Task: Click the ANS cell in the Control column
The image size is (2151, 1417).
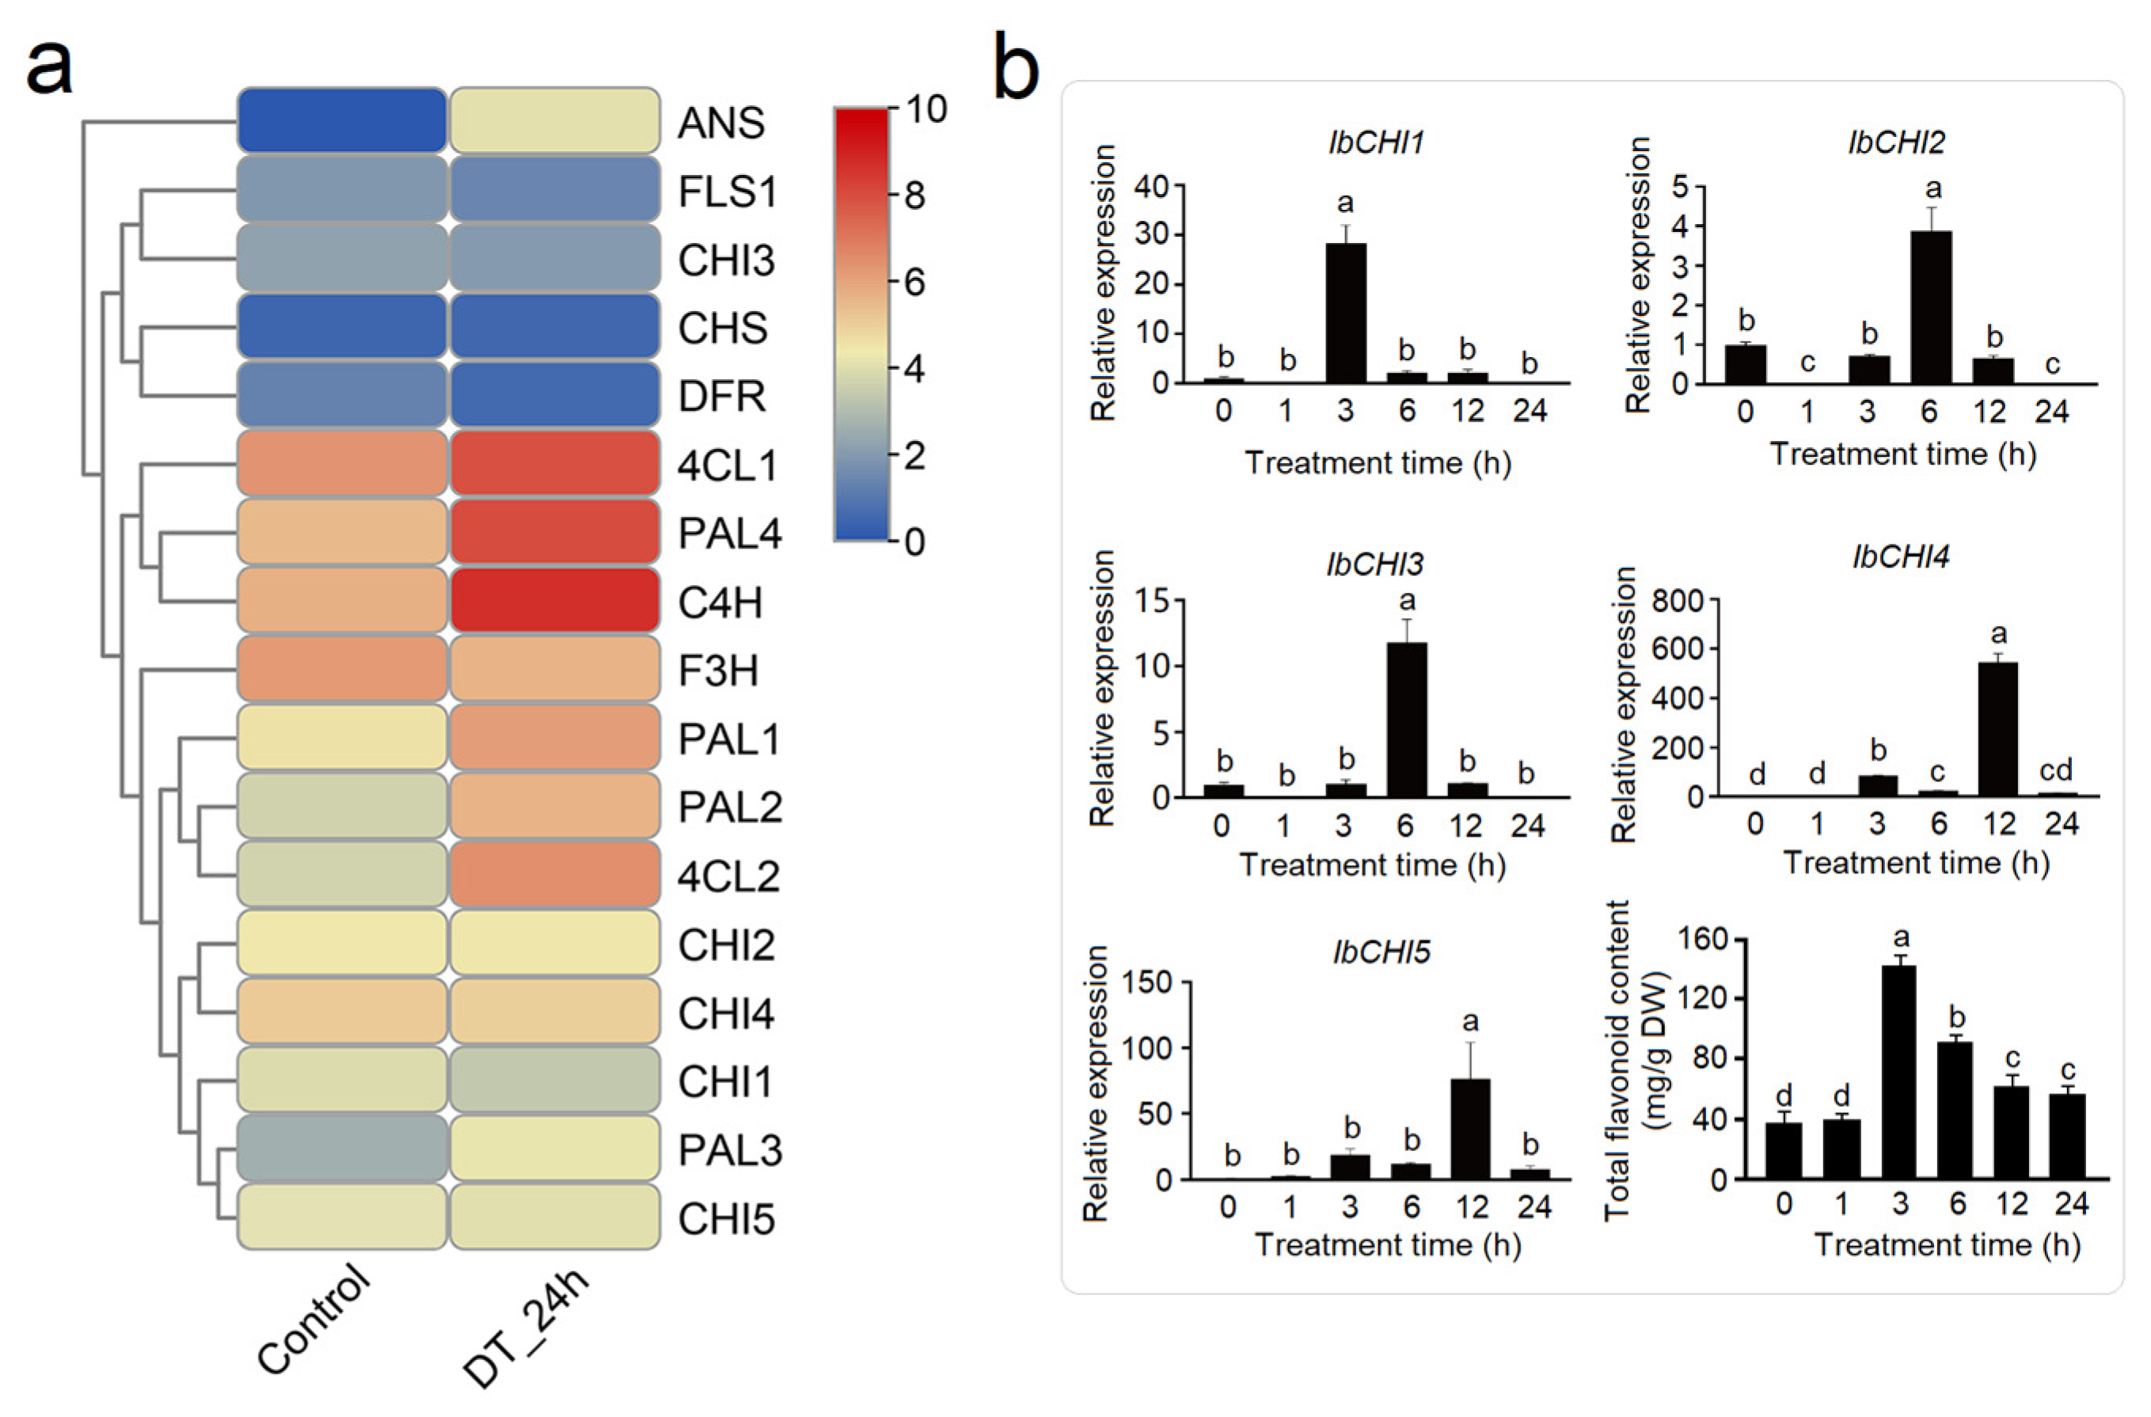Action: coord(342,120)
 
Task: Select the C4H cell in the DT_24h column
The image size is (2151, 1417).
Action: coord(555,600)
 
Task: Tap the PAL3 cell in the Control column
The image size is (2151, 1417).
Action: coord(342,1148)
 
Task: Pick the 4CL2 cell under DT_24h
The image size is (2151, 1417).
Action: coord(555,874)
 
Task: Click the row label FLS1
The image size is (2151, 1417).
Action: coord(727,192)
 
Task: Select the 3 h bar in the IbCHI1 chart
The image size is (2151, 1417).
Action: coord(1346,313)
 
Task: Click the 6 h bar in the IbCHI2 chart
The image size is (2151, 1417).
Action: coord(1932,307)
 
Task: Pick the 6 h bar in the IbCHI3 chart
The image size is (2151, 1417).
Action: coord(1406,720)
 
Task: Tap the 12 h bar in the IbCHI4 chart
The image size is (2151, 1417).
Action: coord(1998,728)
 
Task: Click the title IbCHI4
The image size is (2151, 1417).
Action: coord(1900,557)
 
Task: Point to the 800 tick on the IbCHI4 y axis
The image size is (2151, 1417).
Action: coord(1678,600)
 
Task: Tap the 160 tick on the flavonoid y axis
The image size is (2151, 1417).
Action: coord(1702,940)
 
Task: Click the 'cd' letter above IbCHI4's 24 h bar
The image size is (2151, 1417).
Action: coord(2056,770)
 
